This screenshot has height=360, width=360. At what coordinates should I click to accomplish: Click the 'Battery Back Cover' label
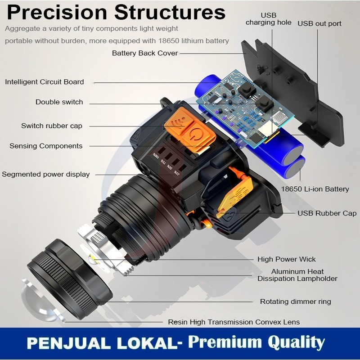click(145, 53)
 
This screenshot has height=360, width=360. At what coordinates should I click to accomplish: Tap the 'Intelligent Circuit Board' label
click(45, 82)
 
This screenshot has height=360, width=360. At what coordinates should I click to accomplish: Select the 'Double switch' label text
click(59, 102)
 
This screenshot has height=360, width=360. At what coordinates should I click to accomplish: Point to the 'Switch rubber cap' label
click(52, 126)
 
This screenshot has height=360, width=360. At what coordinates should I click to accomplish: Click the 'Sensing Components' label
click(46, 146)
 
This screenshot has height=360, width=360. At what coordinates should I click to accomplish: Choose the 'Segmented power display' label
click(46, 174)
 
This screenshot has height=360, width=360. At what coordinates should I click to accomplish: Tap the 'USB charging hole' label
click(268, 18)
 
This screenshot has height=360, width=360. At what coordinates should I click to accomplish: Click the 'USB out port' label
click(319, 23)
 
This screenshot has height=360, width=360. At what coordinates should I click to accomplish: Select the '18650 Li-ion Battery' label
click(315, 189)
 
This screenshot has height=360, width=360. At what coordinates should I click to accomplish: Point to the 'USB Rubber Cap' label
click(327, 213)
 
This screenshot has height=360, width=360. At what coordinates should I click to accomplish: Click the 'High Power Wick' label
click(287, 259)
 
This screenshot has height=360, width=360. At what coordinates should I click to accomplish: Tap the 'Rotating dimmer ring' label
click(296, 301)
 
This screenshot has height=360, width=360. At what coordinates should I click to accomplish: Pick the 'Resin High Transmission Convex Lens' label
click(234, 322)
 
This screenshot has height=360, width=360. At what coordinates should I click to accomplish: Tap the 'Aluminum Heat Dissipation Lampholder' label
click(297, 275)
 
